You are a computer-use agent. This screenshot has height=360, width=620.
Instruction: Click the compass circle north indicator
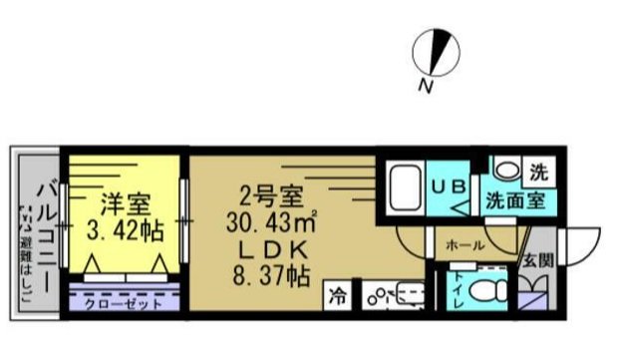437,49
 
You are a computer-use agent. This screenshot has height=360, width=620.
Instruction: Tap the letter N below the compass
426,89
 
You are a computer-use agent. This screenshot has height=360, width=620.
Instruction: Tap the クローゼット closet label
123,302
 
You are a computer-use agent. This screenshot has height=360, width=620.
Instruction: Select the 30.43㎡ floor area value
271,221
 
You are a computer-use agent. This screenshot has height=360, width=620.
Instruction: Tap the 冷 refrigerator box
340,296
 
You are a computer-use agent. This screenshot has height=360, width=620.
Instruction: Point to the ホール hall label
465,244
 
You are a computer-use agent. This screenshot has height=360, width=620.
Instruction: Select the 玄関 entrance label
538,262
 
